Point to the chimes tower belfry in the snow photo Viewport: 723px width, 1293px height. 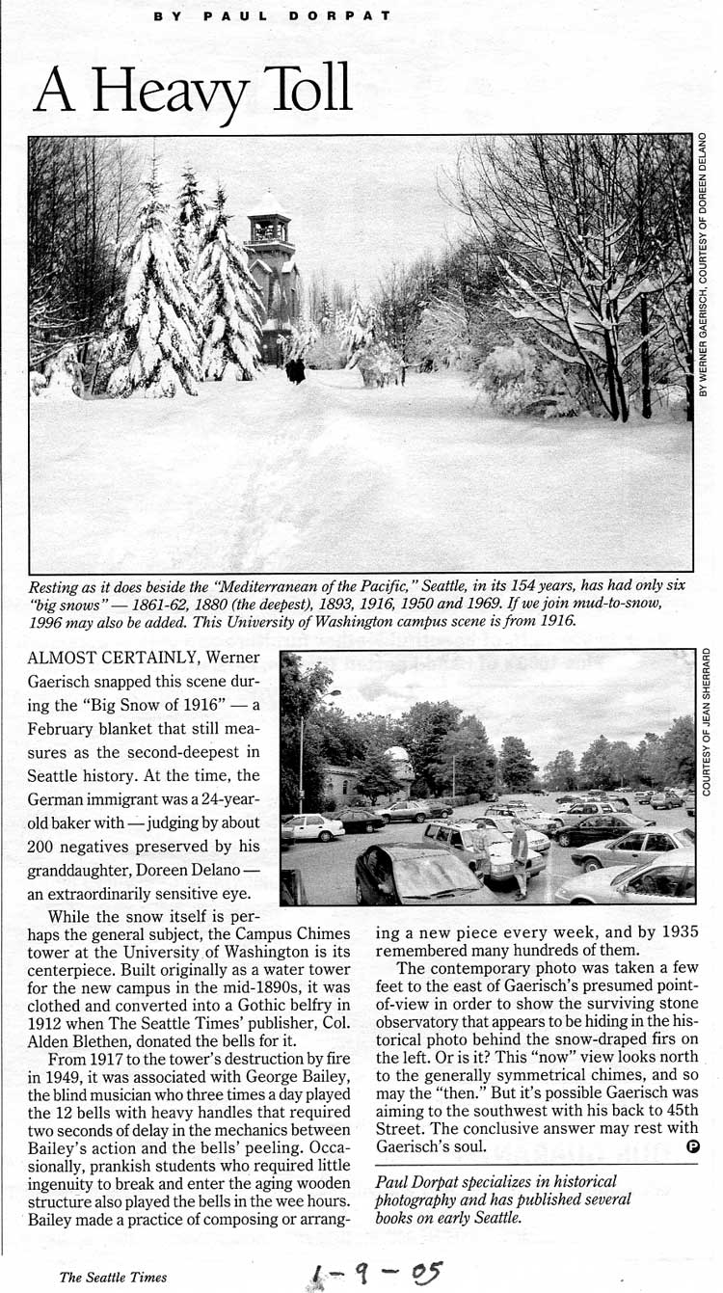(269, 225)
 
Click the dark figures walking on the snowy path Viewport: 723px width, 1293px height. (295, 370)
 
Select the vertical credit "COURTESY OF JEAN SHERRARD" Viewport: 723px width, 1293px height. (707, 721)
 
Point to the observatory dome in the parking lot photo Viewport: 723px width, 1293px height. (397, 753)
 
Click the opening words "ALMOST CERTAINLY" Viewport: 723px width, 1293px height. (104, 658)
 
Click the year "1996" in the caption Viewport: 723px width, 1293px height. (47, 622)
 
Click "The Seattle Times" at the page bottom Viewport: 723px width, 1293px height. (113, 1277)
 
